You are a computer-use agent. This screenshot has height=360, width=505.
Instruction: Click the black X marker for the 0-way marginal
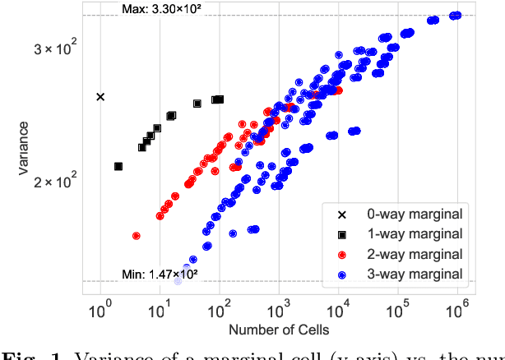tap(100, 97)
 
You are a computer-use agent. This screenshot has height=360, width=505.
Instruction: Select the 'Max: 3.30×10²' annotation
tap(161, 9)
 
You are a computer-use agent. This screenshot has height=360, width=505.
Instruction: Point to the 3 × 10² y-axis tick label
tap(56, 48)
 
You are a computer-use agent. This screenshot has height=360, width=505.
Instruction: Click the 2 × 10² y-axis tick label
tap(56, 181)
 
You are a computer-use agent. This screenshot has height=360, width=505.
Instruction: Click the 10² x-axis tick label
tap(220, 312)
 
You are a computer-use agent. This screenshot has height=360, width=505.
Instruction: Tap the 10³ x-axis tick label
tap(279, 312)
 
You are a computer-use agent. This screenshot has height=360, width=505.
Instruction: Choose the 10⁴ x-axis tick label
tap(339, 312)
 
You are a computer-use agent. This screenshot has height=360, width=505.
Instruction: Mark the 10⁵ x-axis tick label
tap(398, 312)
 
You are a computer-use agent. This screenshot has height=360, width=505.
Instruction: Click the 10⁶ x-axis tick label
tap(457, 312)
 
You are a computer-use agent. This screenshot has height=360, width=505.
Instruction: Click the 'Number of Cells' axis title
tap(279, 330)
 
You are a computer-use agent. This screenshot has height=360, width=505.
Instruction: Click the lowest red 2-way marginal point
tap(136, 236)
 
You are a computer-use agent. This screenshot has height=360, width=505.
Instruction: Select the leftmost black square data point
tap(118, 166)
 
